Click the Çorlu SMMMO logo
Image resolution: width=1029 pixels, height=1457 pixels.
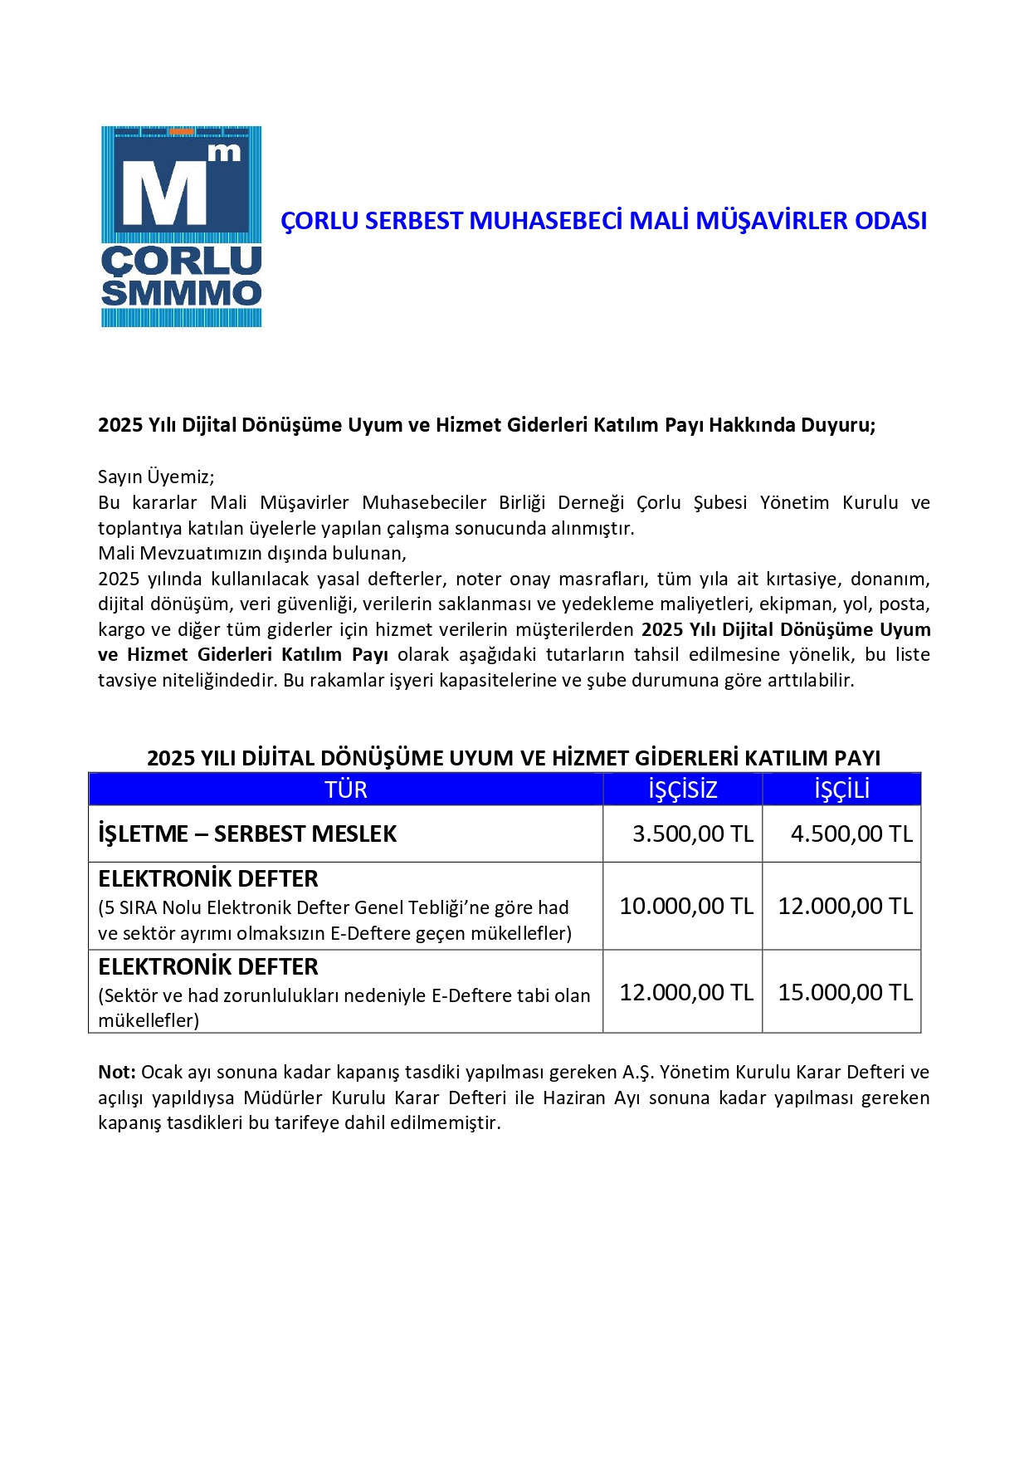(181, 226)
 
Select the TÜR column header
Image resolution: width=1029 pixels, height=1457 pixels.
(345, 790)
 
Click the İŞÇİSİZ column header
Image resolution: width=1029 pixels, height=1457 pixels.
(682, 790)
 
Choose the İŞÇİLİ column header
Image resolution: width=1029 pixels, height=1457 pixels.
(841, 790)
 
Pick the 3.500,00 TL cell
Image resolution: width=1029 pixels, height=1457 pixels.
(692, 834)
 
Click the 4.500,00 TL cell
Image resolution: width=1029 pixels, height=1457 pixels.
(851, 834)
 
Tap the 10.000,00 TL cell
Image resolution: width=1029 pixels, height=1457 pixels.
(685, 906)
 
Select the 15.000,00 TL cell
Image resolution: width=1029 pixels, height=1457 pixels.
(845, 992)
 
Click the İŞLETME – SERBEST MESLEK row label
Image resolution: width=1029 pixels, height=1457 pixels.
(247, 834)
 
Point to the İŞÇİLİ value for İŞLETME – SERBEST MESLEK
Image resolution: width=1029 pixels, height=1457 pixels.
(851, 834)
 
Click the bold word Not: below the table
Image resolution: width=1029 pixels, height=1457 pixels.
(116, 1073)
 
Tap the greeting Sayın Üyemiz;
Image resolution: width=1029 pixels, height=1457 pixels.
(156, 477)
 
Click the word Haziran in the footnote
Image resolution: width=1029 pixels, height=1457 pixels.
(575, 1098)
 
